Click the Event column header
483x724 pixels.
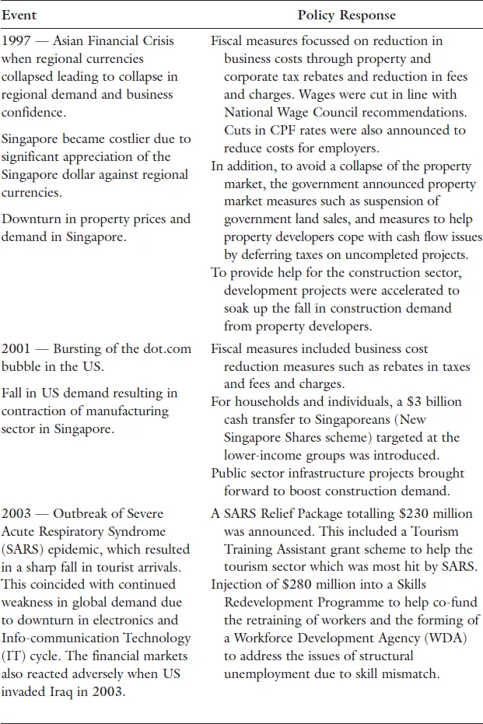click(19, 15)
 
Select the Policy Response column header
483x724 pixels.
click(346, 15)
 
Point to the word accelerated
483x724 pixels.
click(417, 290)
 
